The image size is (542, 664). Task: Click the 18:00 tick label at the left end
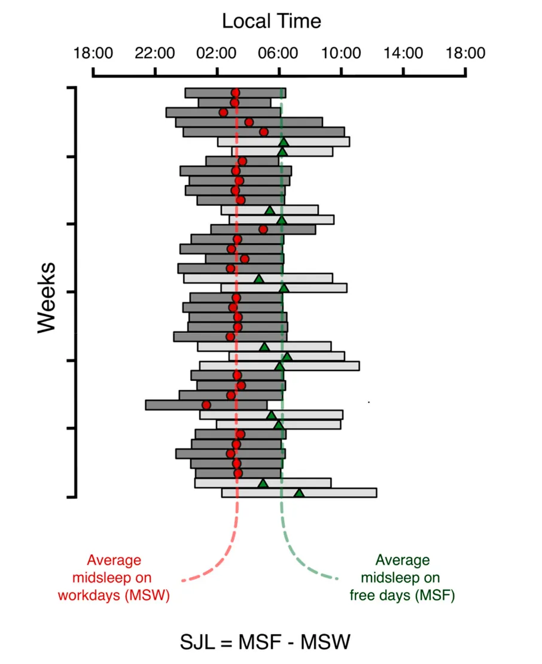coord(93,53)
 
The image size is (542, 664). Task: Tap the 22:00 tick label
coord(155,53)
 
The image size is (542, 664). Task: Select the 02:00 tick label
coord(217,53)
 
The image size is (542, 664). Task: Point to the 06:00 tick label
coord(279,53)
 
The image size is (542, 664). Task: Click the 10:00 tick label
coord(341,53)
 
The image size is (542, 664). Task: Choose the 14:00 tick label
coord(403,53)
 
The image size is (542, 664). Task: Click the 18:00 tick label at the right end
coord(465,53)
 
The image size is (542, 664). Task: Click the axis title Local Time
coord(272,22)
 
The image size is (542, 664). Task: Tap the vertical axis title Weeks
coord(46,298)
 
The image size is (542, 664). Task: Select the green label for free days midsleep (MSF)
coord(402,578)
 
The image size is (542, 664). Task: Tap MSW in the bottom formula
coord(325,642)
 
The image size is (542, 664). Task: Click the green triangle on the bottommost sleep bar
coord(299,493)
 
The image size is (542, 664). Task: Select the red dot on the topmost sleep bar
coord(235,93)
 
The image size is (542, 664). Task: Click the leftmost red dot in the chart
coord(206,405)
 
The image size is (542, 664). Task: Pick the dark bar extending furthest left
coord(179,405)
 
